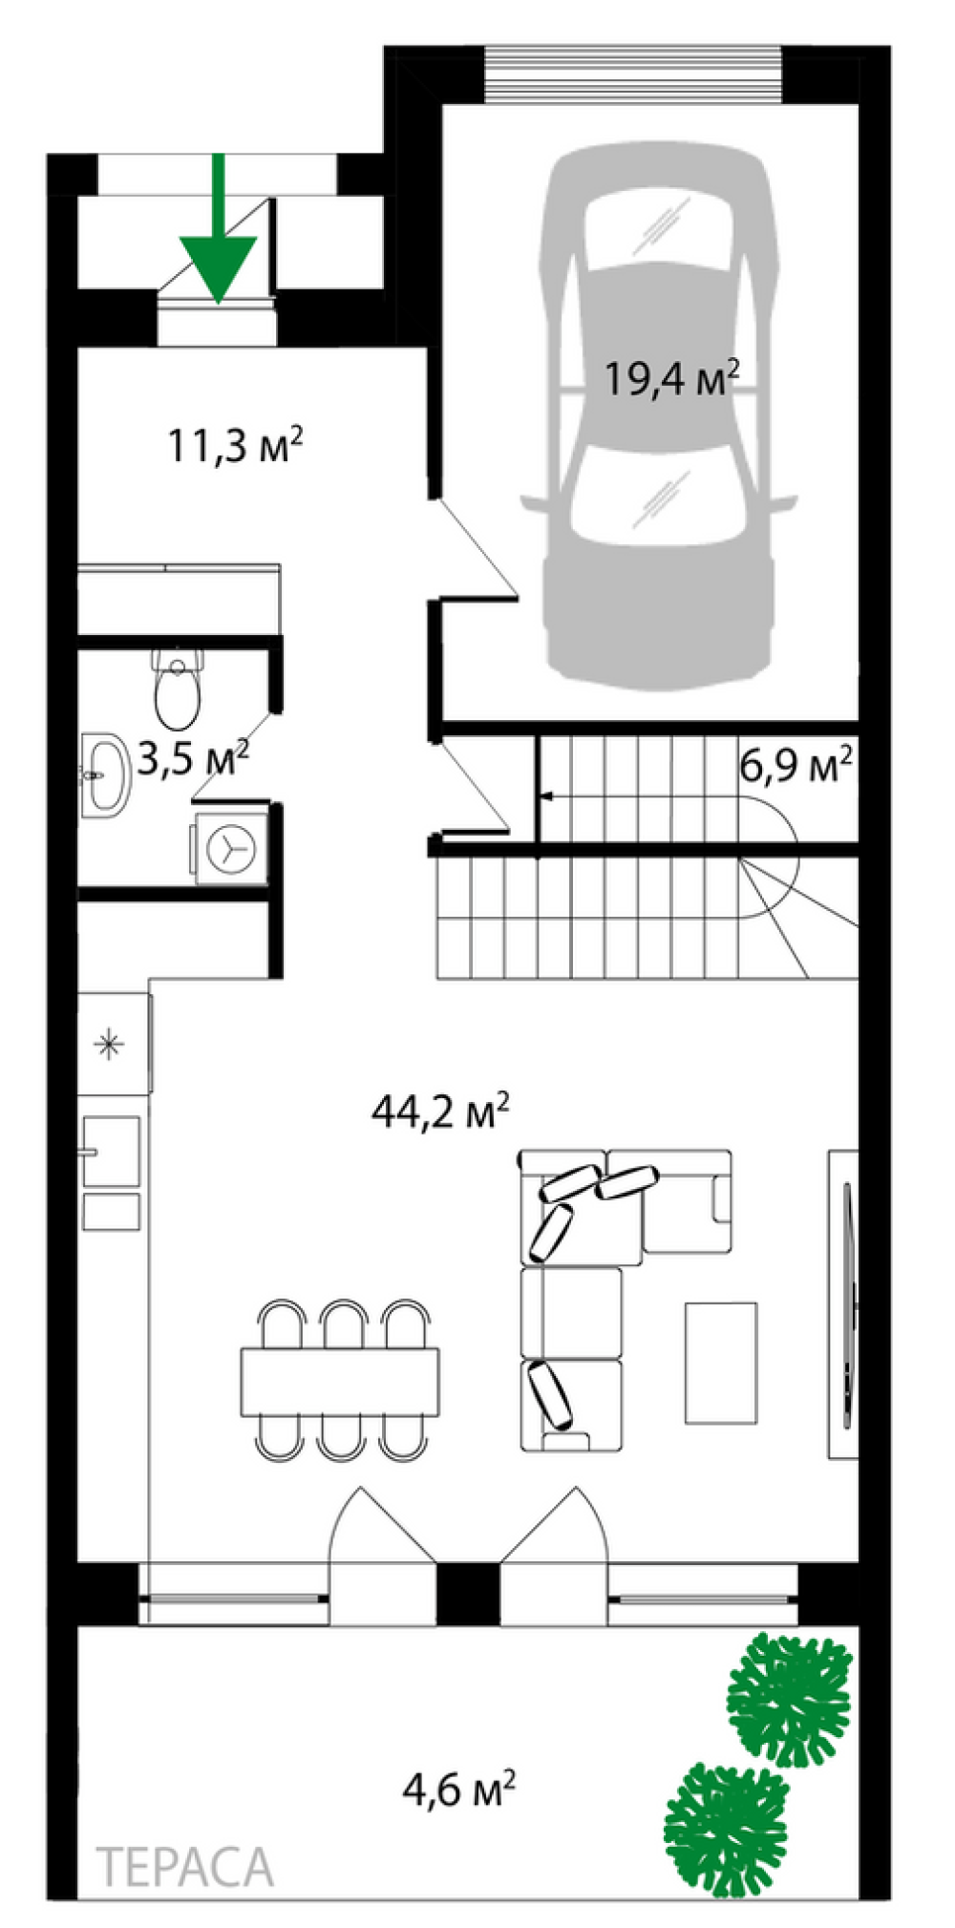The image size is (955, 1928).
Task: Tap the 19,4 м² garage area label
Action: tap(672, 378)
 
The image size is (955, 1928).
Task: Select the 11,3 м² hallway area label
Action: tap(236, 444)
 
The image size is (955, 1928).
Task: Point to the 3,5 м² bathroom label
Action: tap(194, 759)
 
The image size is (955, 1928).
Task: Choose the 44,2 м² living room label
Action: tap(440, 1111)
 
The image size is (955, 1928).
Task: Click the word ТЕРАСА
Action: tap(185, 1868)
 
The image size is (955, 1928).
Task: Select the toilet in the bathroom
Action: tap(178, 687)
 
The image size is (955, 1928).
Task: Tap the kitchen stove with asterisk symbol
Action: tap(113, 1044)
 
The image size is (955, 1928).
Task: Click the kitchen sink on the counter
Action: tap(111, 1152)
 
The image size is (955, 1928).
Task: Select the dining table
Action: tap(340, 1382)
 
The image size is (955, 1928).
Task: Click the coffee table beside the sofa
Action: tap(721, 1363)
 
